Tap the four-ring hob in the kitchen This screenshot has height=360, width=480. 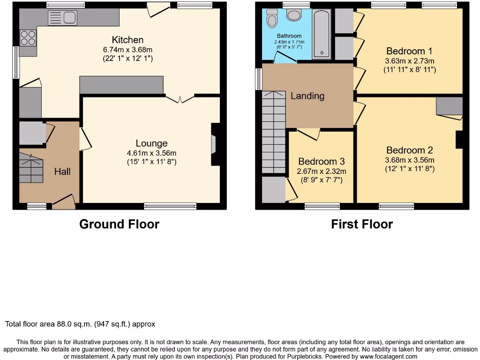28,37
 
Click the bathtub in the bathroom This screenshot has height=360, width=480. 321,33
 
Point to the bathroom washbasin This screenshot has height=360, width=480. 294,15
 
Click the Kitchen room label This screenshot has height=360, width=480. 127,40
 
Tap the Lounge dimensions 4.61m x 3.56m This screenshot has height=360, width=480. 151,153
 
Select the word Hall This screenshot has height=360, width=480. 62,172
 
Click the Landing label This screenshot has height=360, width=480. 307,96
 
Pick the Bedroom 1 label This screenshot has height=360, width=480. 410,51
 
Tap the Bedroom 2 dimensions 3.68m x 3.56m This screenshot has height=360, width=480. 410,159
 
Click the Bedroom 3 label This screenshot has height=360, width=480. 321,162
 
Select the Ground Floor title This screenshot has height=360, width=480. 119,224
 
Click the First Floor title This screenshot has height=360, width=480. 362,224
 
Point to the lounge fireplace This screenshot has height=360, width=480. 215,144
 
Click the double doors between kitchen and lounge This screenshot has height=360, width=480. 180,98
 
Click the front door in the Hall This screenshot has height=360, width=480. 64,202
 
